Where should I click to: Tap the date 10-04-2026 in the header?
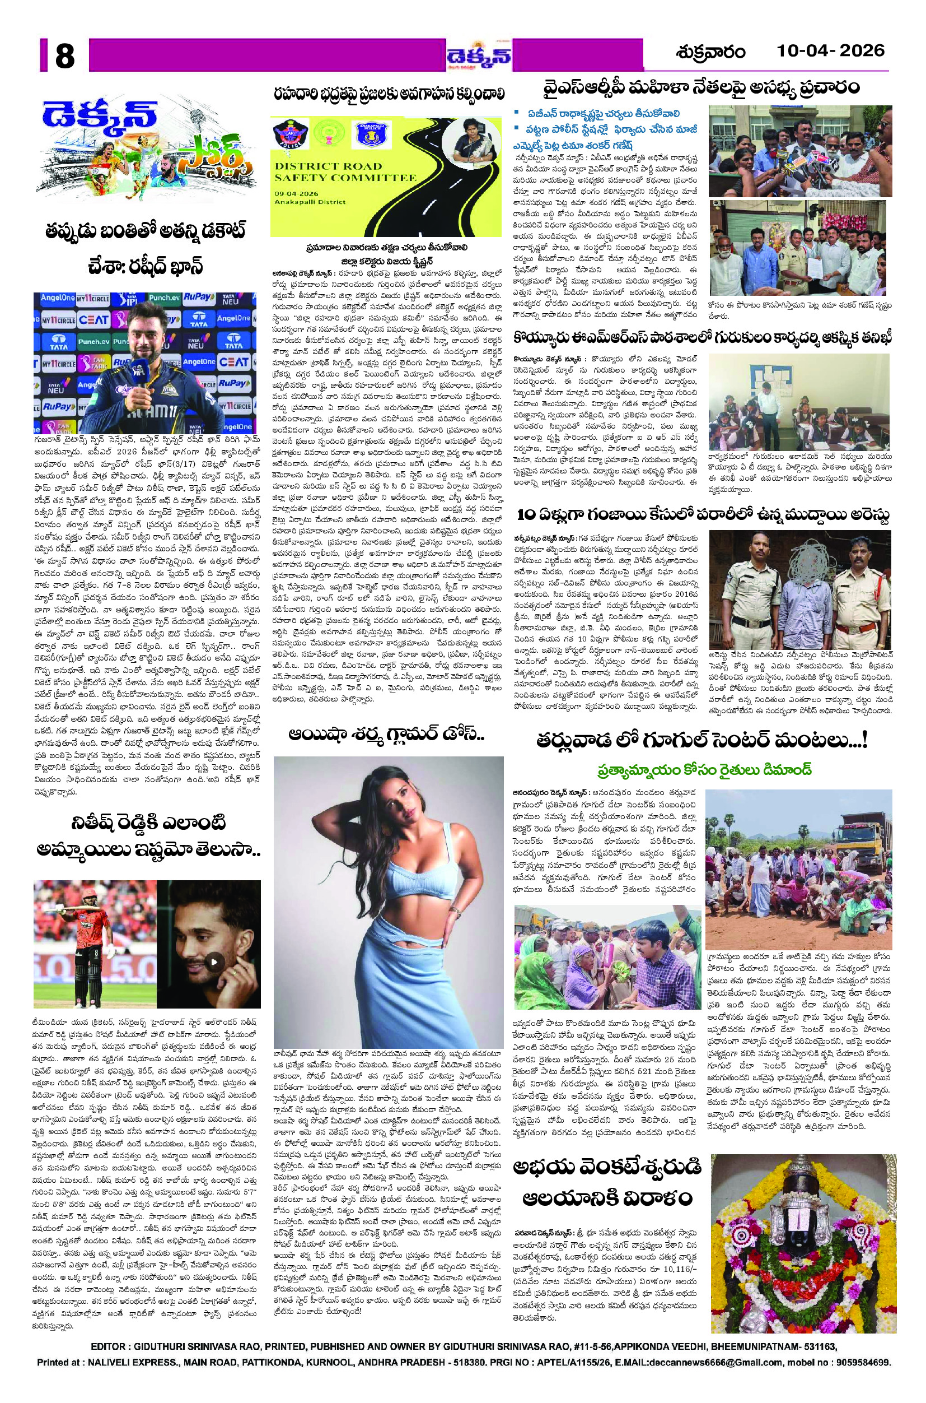[x=830, y=50]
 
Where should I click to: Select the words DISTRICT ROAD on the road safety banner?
[x=328, y=166]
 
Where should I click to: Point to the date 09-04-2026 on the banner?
[x=302, y=193]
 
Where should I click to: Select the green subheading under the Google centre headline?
[x=702, y=769]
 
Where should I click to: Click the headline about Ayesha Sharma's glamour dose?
[x=387, y=735]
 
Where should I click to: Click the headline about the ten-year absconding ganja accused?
[x=702, y=515]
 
